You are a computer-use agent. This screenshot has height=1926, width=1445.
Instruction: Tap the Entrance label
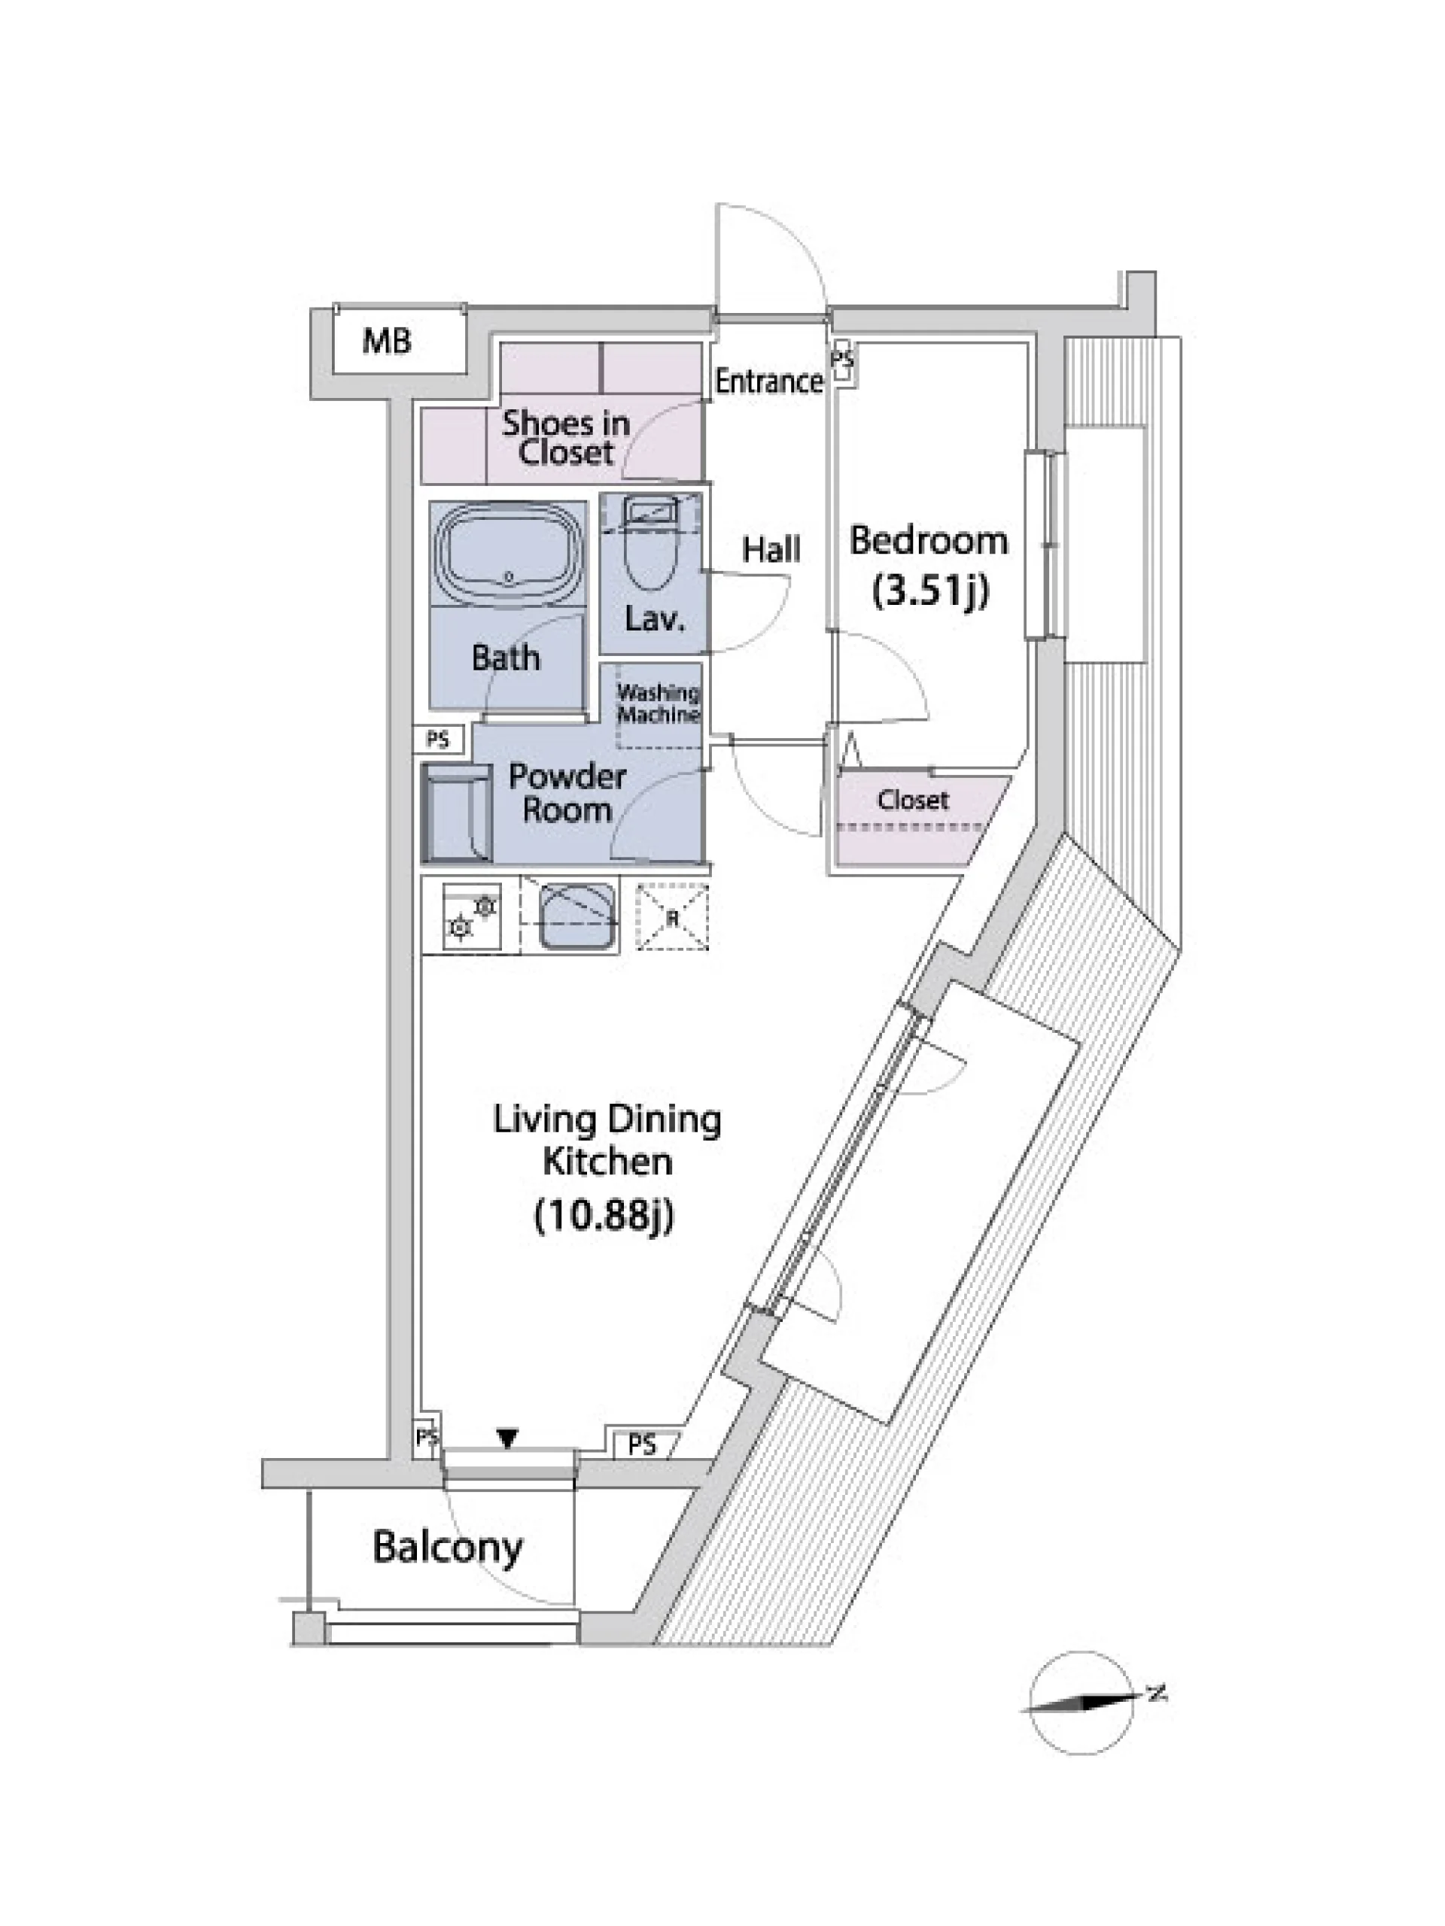tap(769, 381)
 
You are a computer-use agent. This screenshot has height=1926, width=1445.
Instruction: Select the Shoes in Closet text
tap(566, 437)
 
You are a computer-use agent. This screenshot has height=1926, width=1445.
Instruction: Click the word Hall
tap(771, 549)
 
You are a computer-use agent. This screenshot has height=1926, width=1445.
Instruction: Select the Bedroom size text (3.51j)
tap(930, 592)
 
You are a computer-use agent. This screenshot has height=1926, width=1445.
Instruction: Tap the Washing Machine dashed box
tap(659, 704)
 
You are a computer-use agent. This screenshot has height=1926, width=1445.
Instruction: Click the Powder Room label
tap(567, 792)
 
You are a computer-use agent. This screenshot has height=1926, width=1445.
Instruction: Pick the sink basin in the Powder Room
tap(455, 813)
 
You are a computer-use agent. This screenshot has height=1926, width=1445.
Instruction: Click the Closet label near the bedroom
tap(913, 799)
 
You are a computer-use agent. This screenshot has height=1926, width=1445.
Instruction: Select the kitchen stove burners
tap(471, 917)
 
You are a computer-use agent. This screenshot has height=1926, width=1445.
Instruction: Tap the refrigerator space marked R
tap(672, 917)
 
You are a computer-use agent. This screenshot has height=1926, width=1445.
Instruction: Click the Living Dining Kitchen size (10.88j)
tap(604, 1216)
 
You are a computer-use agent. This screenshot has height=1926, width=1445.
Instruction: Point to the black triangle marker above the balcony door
tap(508, 1438)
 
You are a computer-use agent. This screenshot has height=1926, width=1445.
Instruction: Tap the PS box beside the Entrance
tap(842, 361)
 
